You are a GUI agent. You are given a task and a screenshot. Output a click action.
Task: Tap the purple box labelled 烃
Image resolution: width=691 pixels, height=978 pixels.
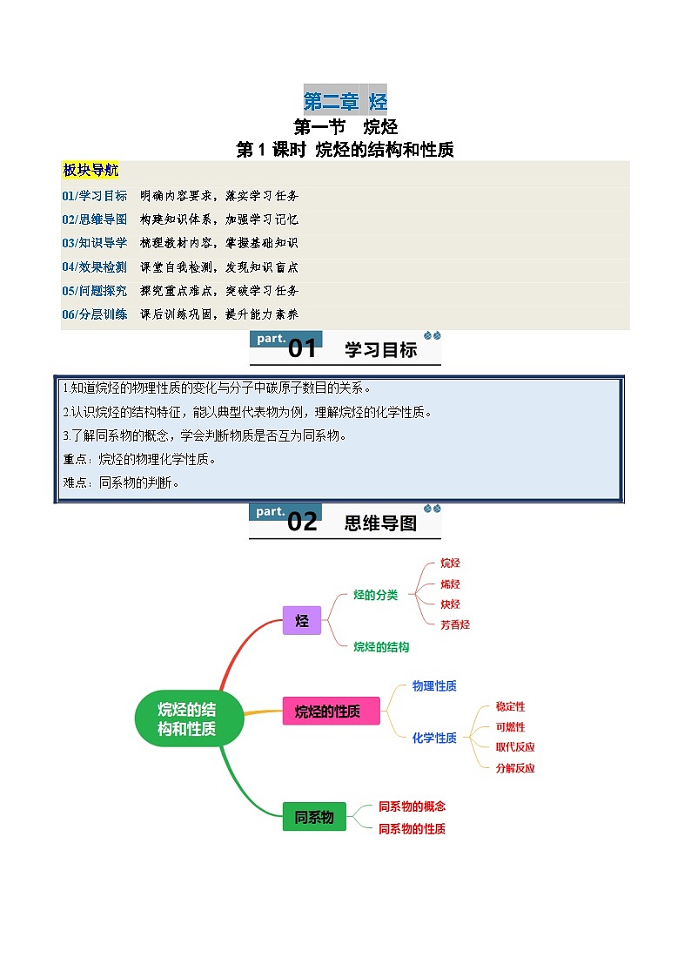pos(302,621)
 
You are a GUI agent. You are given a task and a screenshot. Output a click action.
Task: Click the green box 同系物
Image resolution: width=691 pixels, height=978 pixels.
pos(314,817)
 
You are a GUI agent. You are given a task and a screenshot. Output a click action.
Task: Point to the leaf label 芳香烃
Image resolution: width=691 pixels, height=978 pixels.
pos(454,624)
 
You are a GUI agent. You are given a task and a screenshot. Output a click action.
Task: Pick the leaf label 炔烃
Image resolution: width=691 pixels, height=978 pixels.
pos(450,604)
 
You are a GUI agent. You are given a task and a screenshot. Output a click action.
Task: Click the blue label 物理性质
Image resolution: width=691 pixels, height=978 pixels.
pos(434,686)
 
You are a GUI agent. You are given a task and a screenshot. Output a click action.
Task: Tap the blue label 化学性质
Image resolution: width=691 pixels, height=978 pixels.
pos(434,738)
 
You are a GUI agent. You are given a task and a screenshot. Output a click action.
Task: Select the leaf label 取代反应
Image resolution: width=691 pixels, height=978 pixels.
pos(515,747)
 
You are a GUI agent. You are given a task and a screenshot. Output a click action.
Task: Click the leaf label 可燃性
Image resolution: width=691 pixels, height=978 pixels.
pos(510,727)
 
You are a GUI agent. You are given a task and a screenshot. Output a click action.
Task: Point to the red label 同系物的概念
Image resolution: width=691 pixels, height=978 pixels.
pos(412,806)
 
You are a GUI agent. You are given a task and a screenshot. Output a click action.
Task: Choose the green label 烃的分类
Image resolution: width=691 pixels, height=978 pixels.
pos(375,595)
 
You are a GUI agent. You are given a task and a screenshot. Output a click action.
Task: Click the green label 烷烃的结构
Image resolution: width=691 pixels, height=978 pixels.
pos(381,647)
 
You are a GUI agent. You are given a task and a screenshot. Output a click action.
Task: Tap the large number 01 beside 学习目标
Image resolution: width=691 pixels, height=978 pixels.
pos(302,349)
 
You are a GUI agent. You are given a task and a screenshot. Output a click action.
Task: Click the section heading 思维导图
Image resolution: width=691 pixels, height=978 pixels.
pos(380,523)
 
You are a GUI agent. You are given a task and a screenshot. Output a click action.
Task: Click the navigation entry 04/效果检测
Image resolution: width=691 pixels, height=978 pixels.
pos(94,267)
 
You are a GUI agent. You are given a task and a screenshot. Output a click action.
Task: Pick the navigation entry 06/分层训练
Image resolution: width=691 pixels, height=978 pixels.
pos(94,314)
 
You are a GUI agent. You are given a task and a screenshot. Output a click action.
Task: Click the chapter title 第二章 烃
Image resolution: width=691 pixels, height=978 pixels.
pos(345,102)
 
